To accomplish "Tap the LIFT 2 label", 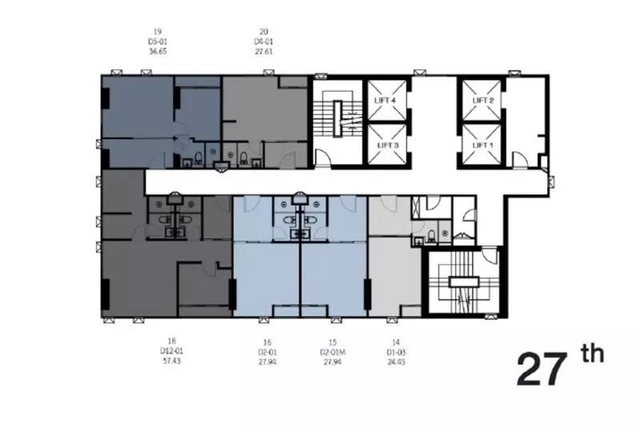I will click(x=482, y=101).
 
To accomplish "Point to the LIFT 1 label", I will click(x=482, y=145).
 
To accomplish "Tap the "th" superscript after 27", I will click(x=594, y=353).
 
